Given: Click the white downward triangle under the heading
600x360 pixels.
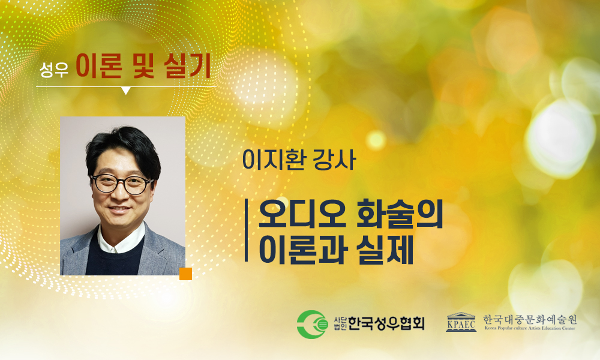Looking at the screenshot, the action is [126, 90].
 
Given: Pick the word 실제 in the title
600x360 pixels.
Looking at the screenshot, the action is [385, 250].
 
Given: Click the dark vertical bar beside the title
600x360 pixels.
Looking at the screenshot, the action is [247, 230].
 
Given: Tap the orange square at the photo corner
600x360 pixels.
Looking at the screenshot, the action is [185, 274].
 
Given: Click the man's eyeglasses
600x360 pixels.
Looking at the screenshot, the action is [122, 183].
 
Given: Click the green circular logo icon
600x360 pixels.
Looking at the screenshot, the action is [312, 325].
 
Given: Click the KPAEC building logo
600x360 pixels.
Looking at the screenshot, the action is [461, 322].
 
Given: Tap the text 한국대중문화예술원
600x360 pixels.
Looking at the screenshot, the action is [530, 319].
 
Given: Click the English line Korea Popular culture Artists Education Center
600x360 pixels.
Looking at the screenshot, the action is [530, 328].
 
